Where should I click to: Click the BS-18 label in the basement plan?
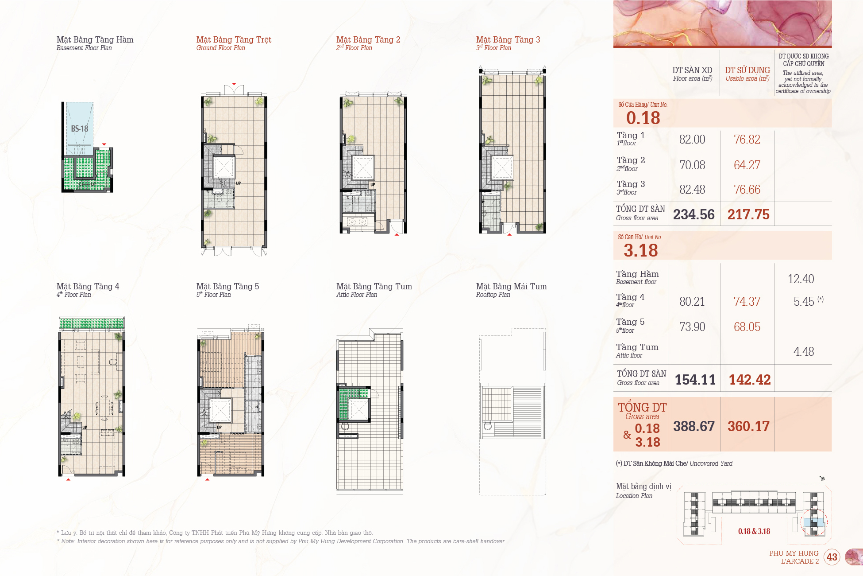(x=80, y=128)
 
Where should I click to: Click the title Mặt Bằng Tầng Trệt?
(x=234, y=40)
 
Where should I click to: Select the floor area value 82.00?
(x=692, y=140)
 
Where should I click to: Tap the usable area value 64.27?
(x=747, y=165)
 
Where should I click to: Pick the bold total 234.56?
(x=694, y=214)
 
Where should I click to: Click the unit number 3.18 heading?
(x=641, y=251)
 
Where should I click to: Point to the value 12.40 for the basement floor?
(x=801, y=279)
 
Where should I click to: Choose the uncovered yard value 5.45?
(x=804, y=302)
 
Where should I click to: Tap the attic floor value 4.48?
(x=804, y=352)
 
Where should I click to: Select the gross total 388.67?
(x=694, y=426)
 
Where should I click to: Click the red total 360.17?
(x=749, y=426)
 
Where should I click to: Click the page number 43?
(x=832, y=557)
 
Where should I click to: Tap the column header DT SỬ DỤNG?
(x=747, y=70)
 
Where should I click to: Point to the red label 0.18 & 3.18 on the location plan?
(x=754, y=531)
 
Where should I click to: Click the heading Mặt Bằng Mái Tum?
(x=512, y=287)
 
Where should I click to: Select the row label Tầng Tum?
(x=637, y=347)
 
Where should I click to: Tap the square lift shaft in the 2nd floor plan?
(x=363, y=167)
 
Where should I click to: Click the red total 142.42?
(x=750, y=380)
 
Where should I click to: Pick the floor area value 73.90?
(x=692, y=327)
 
